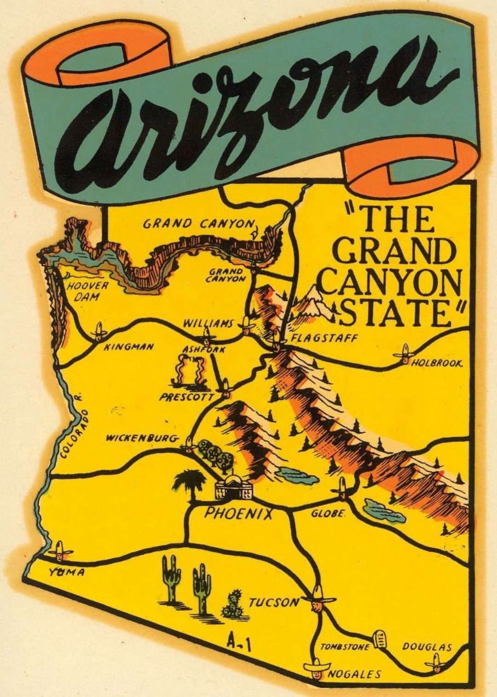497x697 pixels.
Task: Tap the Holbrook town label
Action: (x=436, y=363)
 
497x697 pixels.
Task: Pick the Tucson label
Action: (x=274, y=602)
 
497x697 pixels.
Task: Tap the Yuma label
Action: (x=67, y=573)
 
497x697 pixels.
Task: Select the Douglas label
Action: (x=427, y=647)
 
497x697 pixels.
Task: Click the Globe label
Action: (x=328, y=513)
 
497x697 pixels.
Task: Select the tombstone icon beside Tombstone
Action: (x=381, y=638)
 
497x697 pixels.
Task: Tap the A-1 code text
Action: (x=239, y=642)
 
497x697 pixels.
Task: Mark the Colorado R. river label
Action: (x=71, y=426)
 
